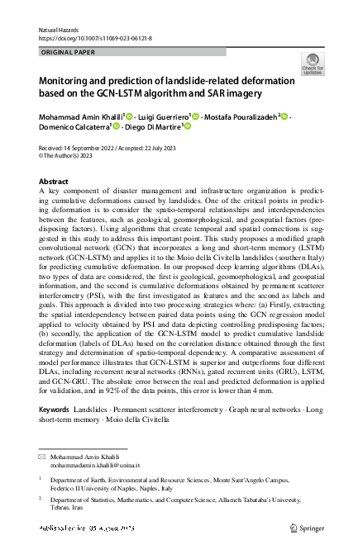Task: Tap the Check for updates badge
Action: click(313, 64)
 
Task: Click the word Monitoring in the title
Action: click(69, 82)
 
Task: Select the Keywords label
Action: click(55, 409)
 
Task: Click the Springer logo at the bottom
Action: click(308, 527)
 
